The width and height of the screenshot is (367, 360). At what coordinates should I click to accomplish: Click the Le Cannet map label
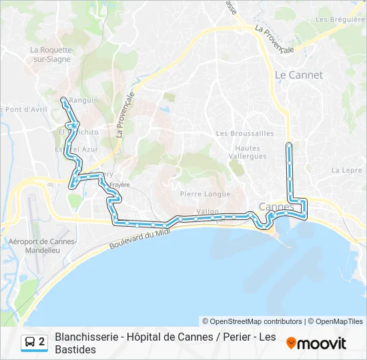coord(299,75)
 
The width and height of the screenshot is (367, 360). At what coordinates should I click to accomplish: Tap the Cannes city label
coord(276,207)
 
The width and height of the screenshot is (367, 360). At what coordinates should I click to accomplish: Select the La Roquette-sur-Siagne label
coord(51,54)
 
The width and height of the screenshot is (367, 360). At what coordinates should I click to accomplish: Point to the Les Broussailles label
coord(245,133)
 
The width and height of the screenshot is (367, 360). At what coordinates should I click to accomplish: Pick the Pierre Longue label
coord(205,194)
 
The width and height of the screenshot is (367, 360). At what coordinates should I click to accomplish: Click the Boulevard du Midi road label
coord(141,240)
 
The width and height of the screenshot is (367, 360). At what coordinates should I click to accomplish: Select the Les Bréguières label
coord(340,19)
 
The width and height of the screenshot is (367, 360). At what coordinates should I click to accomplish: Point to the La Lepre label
coord(346,170)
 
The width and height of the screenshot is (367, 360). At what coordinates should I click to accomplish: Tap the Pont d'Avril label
coord(21,109)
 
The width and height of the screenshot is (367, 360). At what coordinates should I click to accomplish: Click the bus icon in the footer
coord(30,343)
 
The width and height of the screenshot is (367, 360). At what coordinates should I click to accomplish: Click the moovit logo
coord(316,343)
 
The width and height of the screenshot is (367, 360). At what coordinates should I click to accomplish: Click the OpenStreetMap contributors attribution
coord(252,321)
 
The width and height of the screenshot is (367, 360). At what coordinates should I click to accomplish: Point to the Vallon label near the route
coord(208,211)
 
